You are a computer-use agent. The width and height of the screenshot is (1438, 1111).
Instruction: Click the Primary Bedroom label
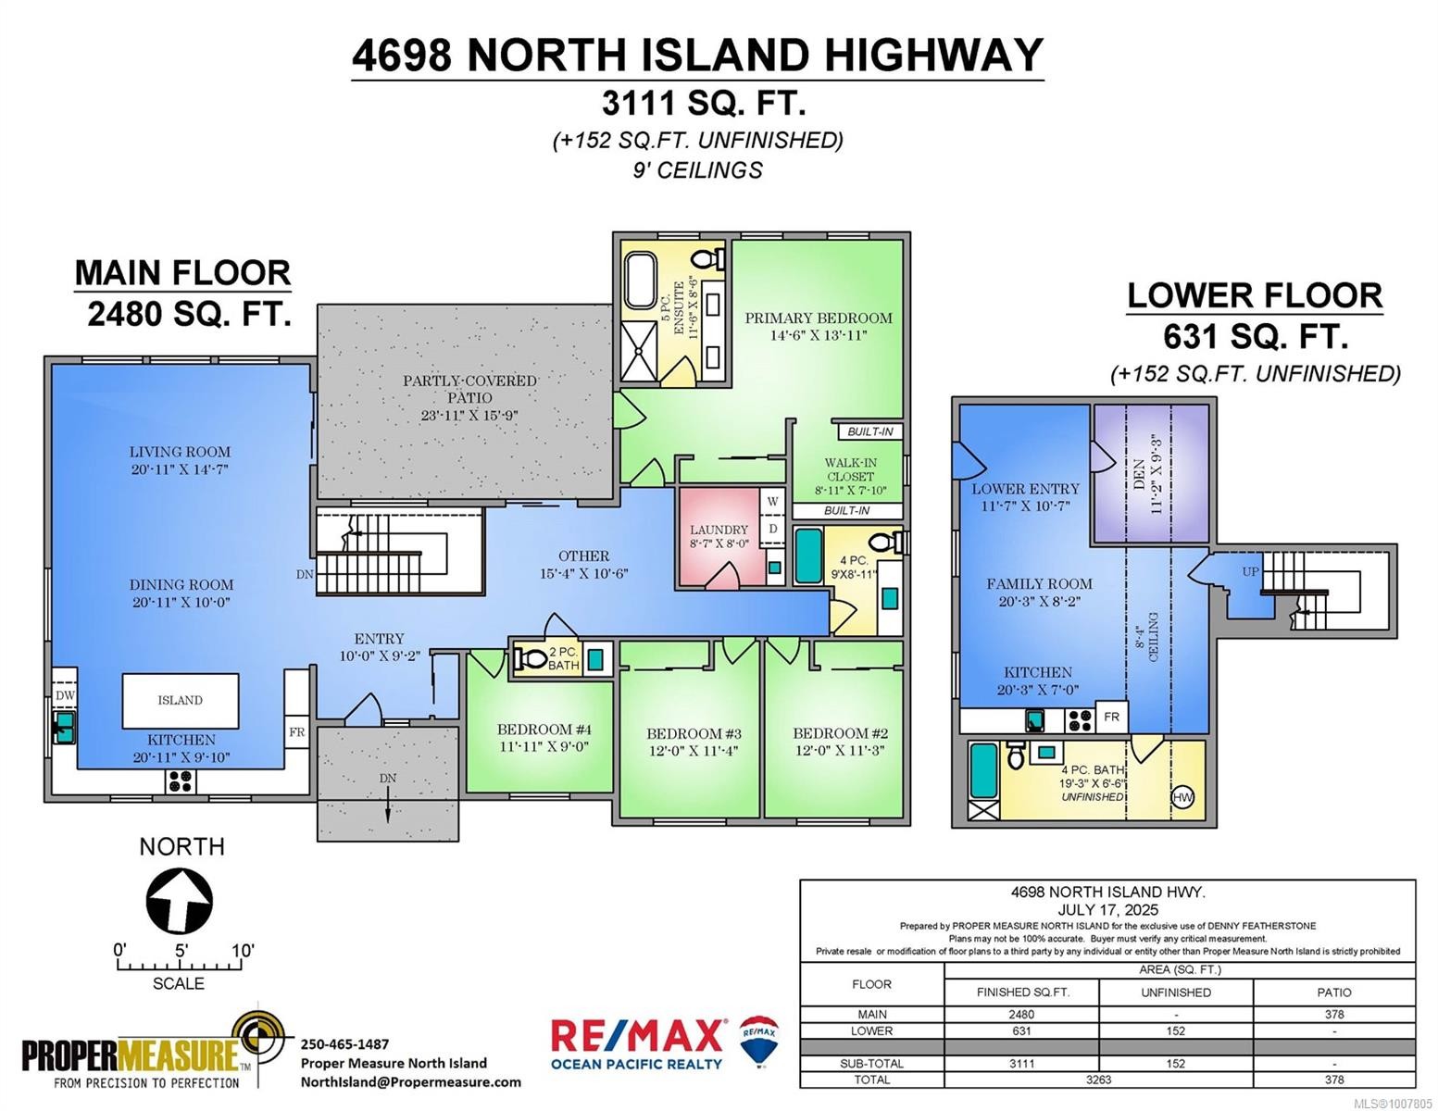(819, 318)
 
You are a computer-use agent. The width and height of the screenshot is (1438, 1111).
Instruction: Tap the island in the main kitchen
(181, 701)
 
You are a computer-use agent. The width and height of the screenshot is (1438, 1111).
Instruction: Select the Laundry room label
(719, 531)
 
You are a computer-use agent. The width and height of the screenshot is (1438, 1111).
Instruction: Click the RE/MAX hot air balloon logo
(759, 1039)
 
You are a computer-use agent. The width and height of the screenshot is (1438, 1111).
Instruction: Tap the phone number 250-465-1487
(344, 1043)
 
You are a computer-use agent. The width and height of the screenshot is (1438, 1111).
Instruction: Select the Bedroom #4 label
(544, 730)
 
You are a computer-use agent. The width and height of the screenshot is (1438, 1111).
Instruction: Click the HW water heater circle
(1182, 797)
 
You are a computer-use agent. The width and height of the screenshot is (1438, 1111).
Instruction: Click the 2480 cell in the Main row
(1021, 1015)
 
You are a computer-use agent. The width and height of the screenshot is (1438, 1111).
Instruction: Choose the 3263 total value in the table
(1098, 1080)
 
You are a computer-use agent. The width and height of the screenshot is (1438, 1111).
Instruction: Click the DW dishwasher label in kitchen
(65, 696)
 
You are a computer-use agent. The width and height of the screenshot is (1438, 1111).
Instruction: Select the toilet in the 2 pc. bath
(531, 658)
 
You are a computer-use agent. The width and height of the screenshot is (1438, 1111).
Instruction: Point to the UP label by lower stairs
(1250, 572)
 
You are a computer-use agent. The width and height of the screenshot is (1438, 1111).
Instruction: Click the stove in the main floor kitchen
(181, 782)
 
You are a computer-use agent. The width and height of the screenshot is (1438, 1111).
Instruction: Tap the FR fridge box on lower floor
(1111, 718)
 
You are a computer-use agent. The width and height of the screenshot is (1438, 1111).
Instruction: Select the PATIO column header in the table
(1334, 992)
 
